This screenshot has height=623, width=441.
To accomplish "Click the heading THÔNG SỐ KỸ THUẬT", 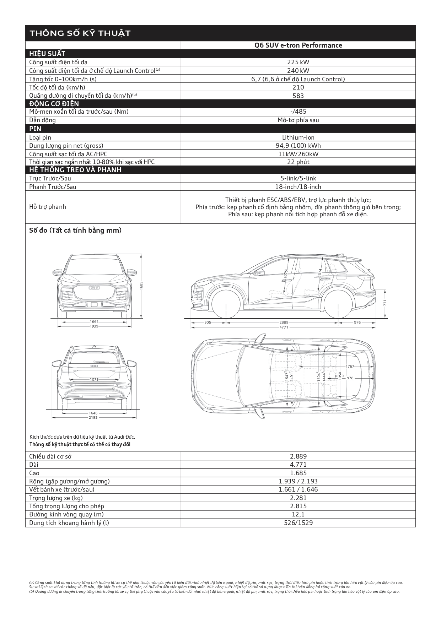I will [x=80, y=33].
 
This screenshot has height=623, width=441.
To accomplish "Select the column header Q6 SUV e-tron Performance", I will [x=298, y=45].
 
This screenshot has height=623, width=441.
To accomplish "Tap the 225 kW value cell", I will [x=298, y=62].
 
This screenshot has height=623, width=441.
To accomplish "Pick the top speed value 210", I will [x=298, y=87].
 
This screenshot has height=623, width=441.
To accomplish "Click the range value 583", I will [x=298, y=96].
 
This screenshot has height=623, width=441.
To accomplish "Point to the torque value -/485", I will [x=298, y=112].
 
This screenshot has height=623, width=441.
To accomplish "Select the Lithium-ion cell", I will [x=298, y=137].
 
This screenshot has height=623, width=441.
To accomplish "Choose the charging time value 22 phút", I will [x=298, y=162].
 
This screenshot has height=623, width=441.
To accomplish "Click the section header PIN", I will [x=35, y=129].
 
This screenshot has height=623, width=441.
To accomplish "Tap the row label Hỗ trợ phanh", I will [x=48, y=207].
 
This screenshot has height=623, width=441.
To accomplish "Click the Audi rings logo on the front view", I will [x=94, y=288].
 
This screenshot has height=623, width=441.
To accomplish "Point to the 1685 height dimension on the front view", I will [x=141, y=285].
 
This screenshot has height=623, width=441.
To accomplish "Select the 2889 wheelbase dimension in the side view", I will [x=284, y=323].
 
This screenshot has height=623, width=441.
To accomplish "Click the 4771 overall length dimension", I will [x=284, y=327].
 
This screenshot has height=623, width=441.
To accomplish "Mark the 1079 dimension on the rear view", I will [x=94, y=379].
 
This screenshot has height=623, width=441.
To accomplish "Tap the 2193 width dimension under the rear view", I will [x=93, y=418].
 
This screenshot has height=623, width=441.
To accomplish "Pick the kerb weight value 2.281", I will [x=298, y=498].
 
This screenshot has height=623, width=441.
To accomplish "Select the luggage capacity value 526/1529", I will [x=298, y=522].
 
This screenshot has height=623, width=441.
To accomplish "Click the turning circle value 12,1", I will [x=298, y=514].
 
